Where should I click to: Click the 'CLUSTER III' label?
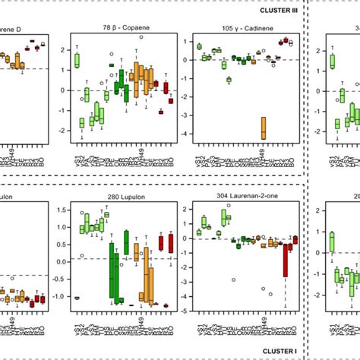click(x=274, y=9)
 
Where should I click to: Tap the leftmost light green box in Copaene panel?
click(x=77, y=60)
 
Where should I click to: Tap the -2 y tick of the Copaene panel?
click(x=62, y=132)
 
